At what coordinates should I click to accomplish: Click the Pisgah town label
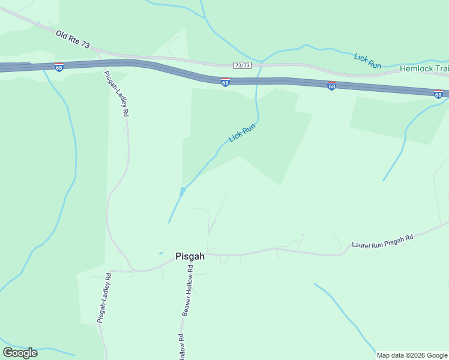coord(190,256)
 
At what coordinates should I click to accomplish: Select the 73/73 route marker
coord(242,65)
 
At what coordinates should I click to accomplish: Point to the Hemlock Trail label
coord(424,69)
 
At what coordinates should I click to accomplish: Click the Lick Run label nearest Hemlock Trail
coord(367,61)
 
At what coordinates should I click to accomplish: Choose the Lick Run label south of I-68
coord(242,133)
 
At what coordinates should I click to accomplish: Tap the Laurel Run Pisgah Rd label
coord(382,242)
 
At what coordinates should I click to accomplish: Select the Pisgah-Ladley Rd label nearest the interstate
coord(116,93)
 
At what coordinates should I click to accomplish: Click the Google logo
coord(20,353)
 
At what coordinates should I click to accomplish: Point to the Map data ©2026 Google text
coord(412,355)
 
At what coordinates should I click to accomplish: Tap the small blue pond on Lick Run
coord(182,191)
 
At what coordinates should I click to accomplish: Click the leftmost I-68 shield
coord(58,66)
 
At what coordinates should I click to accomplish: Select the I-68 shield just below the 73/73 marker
coord(225,82)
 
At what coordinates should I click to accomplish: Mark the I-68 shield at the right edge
coord(438,94)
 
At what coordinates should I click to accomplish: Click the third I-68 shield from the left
coord(331,86)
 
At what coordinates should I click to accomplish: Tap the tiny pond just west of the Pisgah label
coord(160,253)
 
